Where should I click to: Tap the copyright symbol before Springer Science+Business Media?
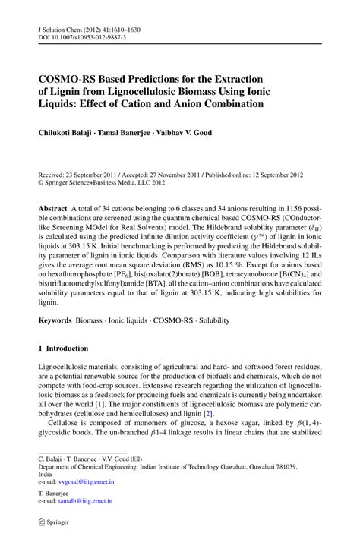tap(41, 183)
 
